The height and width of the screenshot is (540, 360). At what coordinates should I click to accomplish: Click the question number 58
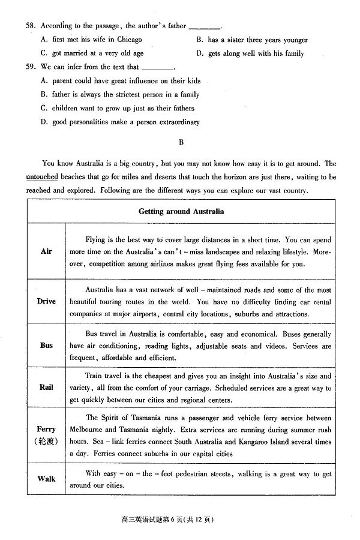pyautogui.click(x=31, y=26)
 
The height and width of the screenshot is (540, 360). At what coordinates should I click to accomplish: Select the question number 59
pyautogui.click(x=31, y=67)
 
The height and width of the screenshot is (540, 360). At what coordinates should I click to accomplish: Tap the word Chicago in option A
pyautogui.click(x=130, y=40)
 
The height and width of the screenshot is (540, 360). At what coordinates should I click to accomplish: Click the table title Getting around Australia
pyautogui.click(x=181, y=211)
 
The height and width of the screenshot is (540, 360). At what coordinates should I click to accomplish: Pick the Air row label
pyautogui.click(x=46, y=251)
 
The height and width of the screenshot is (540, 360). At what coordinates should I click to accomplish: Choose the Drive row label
pyautogui.click(x=46, y=301)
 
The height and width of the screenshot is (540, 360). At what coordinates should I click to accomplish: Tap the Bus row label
pyautogui.click(x=46, y=345)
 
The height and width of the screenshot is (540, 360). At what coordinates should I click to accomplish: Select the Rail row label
pyautogui.click(x=46, y=387)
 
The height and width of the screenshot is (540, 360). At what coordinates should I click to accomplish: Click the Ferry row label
pyautogui.click(x=46, y=429)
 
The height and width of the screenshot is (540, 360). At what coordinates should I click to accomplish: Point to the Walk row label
pyautogui.click(x=46, y=479)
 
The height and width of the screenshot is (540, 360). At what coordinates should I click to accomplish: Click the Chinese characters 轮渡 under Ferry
pyautogui.click(x=46, y=442)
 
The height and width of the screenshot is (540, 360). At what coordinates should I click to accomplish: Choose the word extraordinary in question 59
pyautogui.click(x=179, y=122)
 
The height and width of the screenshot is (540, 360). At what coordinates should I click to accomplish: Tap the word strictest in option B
pyautogui.click(x=123, y=94)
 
